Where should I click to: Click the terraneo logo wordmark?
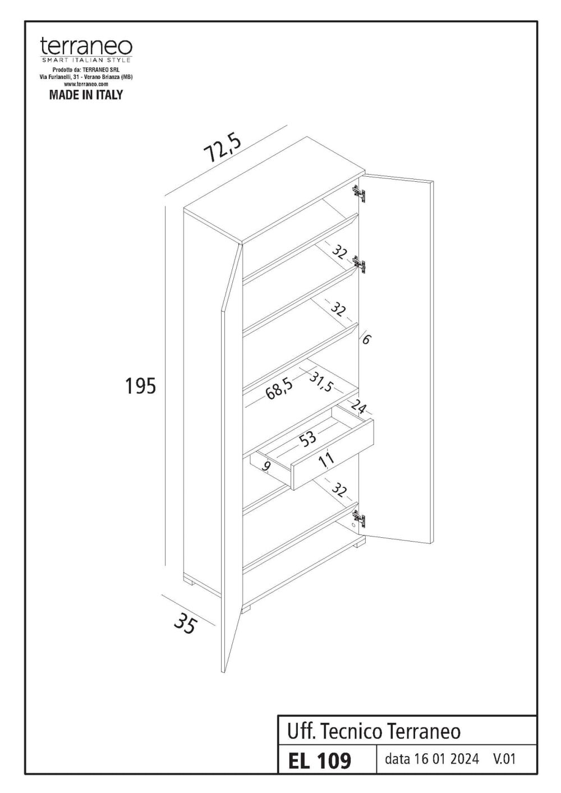coord(86,45)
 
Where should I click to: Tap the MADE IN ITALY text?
coord(86,95)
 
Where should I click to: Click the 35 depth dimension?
coord(185,623)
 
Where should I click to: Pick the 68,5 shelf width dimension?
coord(279,388)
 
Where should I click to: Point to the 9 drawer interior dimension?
coord(266,465)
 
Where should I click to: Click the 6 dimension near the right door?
coord(366,339)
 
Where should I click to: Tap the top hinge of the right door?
coord(359,193)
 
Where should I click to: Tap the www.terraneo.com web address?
coord(86,83)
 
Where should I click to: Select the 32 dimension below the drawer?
coord(338,490)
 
